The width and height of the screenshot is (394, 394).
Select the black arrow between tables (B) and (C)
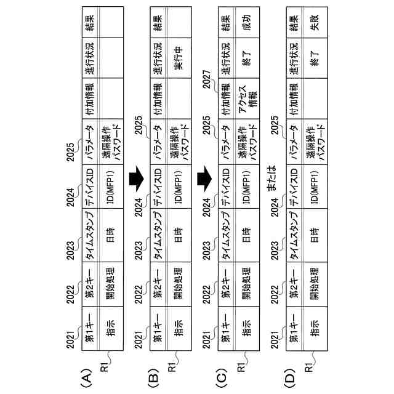click(x=204, y=179)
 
